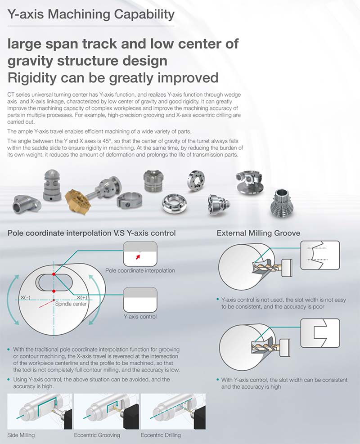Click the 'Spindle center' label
pos(71,304)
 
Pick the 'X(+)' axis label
pos(81,297)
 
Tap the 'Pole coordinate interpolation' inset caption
pos(140,270)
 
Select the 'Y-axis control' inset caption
pos(140,316)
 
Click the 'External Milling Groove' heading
pos(258,233)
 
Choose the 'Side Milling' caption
pos(21,435)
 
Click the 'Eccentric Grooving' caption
pos(97,435)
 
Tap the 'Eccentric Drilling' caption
pos(161,435)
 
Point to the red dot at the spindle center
pos(54,300)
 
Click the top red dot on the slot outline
pos(54,274)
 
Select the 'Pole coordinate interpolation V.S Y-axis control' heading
pos(92,233)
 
